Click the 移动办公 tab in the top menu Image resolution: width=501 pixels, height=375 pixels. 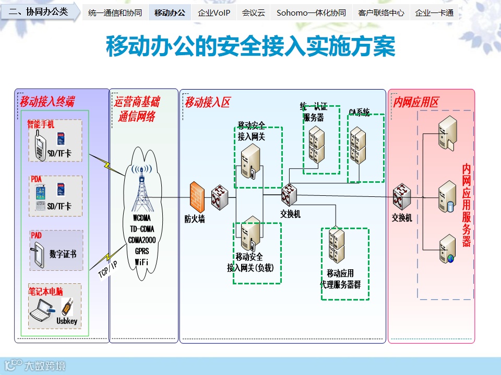170,13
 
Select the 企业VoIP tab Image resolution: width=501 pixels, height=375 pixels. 214,13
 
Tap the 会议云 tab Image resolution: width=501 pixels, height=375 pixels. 254,13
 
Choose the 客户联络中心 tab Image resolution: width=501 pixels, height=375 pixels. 381,13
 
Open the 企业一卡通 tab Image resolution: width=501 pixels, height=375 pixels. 434,13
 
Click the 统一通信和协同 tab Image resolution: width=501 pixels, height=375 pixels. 115,13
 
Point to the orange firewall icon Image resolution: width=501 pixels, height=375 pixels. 197,197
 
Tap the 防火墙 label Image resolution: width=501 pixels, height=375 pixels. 195,219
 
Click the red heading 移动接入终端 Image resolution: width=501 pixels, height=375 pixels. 47,102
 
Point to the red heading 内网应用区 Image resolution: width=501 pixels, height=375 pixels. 416,102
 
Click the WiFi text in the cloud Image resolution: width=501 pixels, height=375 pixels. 141,261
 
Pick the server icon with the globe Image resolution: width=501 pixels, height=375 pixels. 447,249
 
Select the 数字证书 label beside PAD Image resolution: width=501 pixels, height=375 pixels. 63,254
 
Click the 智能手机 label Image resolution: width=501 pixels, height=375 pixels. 41,125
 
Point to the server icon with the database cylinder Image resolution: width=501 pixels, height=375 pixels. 448,196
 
